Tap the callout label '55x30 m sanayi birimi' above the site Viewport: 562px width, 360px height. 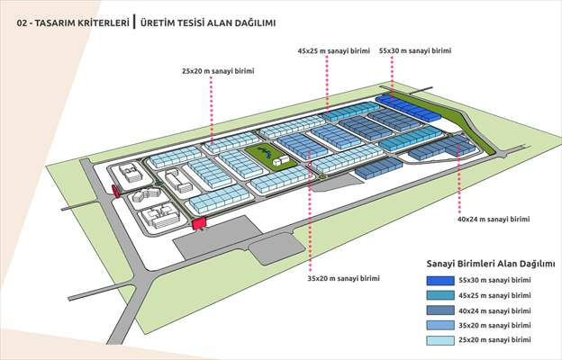click(415, 52)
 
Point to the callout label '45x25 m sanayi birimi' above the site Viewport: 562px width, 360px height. click(334, 52)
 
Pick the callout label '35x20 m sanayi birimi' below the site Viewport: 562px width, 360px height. click(344, 278)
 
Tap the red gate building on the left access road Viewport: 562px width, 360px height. click(115, 189)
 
